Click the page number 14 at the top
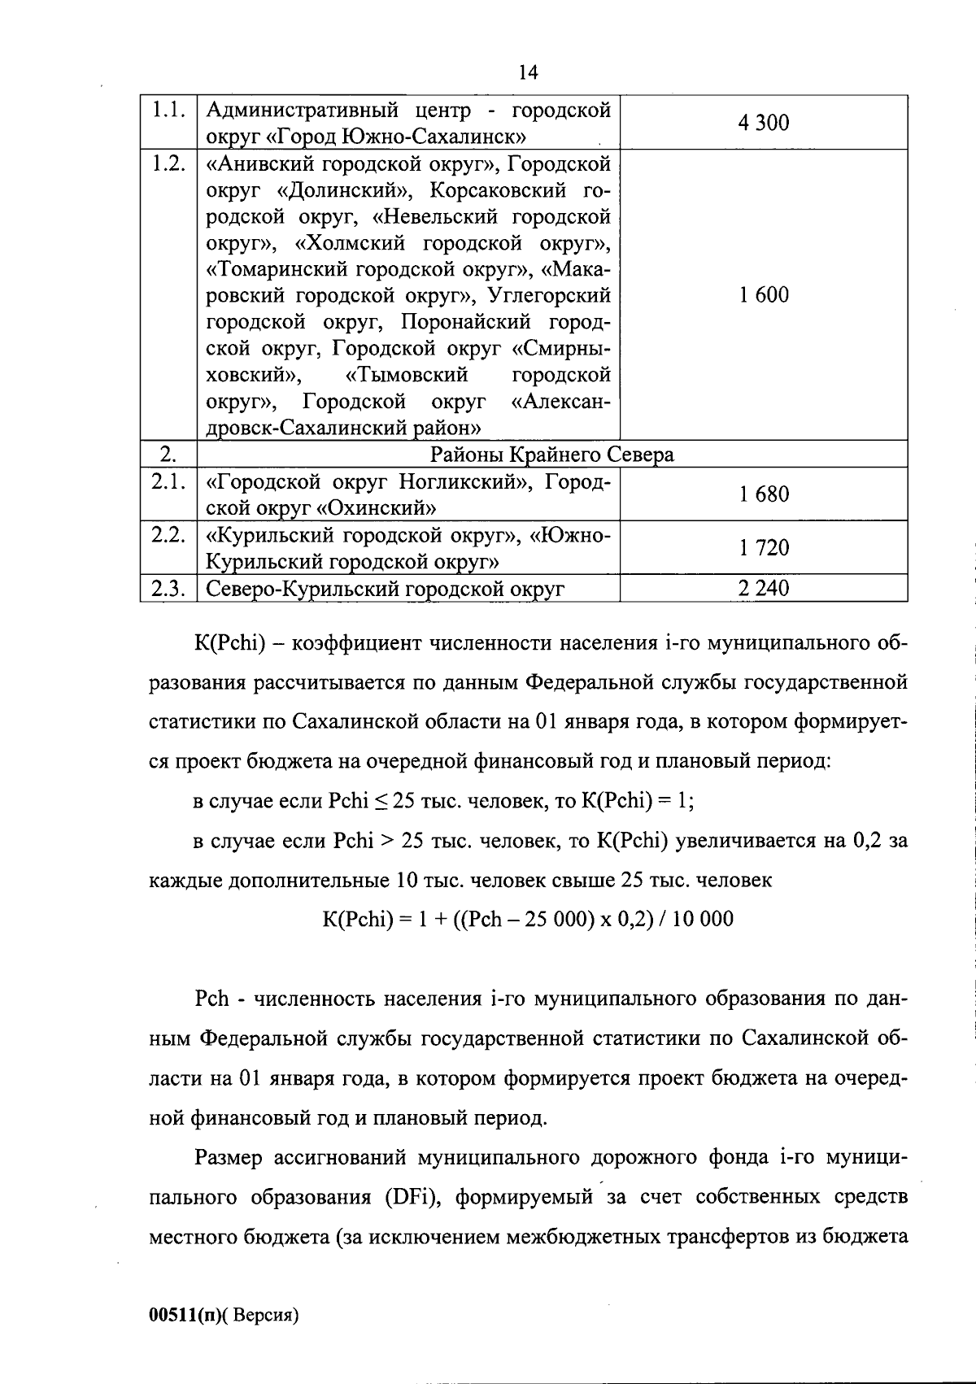coord(527,73)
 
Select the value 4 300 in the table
coord(763,123)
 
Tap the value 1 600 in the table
coord(763,295)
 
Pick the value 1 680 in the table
coord(763,494)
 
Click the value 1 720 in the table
coord(763,548)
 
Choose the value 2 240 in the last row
coord(763,589)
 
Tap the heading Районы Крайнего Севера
coord(551,455)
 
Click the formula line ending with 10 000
coord(527,920)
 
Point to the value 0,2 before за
coord(866,840)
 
